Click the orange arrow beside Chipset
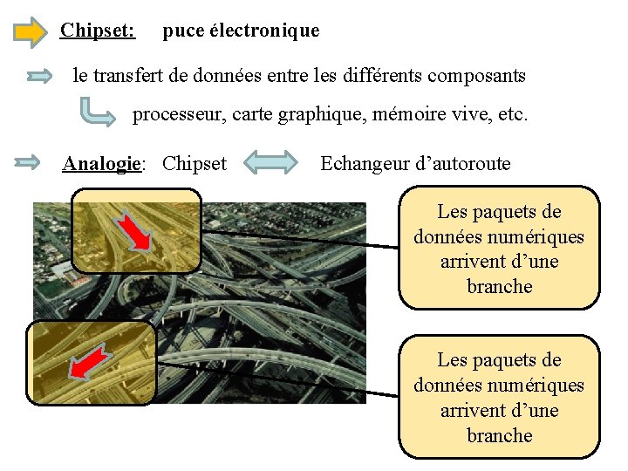pos(31,32)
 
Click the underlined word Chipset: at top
pos(97,31)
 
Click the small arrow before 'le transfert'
pos(41,77)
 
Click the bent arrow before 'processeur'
pos(97,113)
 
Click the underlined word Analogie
pos(101,163)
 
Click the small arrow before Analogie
pos(28,162)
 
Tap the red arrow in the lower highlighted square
pos(91,364)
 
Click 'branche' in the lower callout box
pos(499,435)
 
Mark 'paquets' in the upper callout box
pos(509,212)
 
